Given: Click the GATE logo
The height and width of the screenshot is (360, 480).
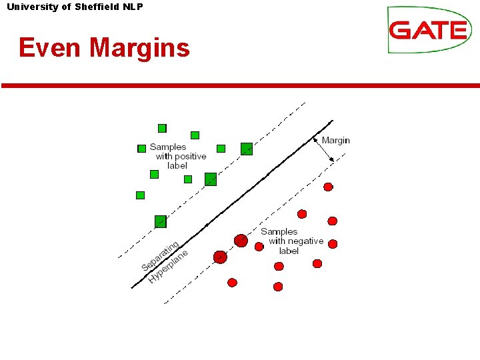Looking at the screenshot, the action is click(x=429, y=30).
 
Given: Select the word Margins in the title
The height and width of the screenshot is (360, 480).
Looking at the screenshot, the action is click(x=140, y=48).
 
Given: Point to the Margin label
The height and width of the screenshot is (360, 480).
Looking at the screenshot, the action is click(x=335, y=140).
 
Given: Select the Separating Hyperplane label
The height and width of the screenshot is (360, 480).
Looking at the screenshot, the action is click(x=164, y=261).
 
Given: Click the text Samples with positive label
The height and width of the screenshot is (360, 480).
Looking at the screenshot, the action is click(x=178, y=156).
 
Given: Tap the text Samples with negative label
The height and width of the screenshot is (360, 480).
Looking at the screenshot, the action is click(x=293, y=241).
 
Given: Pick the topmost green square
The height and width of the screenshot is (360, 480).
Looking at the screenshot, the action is click(x=162, y=128).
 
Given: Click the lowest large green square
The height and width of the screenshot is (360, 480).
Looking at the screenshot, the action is click(x=160, y=221).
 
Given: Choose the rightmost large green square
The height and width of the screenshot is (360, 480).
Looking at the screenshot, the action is click(x=247, y=149).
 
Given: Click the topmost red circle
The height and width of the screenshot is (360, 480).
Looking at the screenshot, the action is click(x=328, y=187).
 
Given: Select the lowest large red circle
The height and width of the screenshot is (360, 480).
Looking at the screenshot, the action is click(x=220, y=257).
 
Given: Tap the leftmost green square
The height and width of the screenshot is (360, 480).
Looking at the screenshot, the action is click(x=140, y=195).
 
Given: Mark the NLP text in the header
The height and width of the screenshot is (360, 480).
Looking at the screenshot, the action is click(x=133, y=7).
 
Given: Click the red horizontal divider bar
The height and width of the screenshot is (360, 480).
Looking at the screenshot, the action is click(x=240, y=85).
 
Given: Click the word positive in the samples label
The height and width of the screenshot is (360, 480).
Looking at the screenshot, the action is click(x=190, y=156).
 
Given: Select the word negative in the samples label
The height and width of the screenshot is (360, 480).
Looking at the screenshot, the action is click(x=305, y=241).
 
